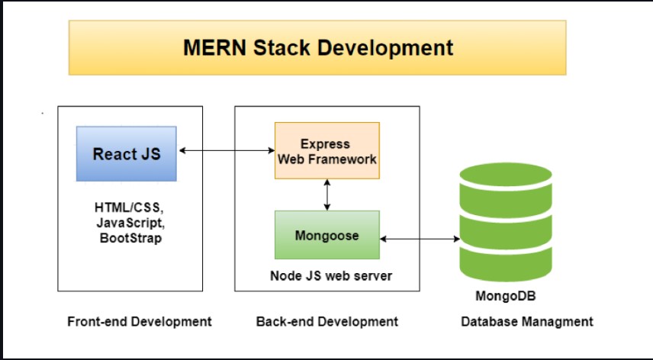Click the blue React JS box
coord(127,153)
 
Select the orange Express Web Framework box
coord(327,151)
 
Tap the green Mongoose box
coord(327,235)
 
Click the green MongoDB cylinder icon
coord(506,222)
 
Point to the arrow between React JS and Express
coord(227,151)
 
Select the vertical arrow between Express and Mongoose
coord(327,194)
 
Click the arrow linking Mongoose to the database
coord(420,239)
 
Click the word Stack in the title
coord(281,47)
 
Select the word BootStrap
coord(130,238)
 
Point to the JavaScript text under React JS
coord(130,223)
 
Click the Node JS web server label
coord(331,275)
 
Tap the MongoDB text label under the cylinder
coord(506,296)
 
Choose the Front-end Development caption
coord(140,321)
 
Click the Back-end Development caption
coord(327,321)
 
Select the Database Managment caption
coord(527,321)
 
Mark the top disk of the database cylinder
coord(506,175)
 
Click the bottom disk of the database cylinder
coord(506,265)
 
